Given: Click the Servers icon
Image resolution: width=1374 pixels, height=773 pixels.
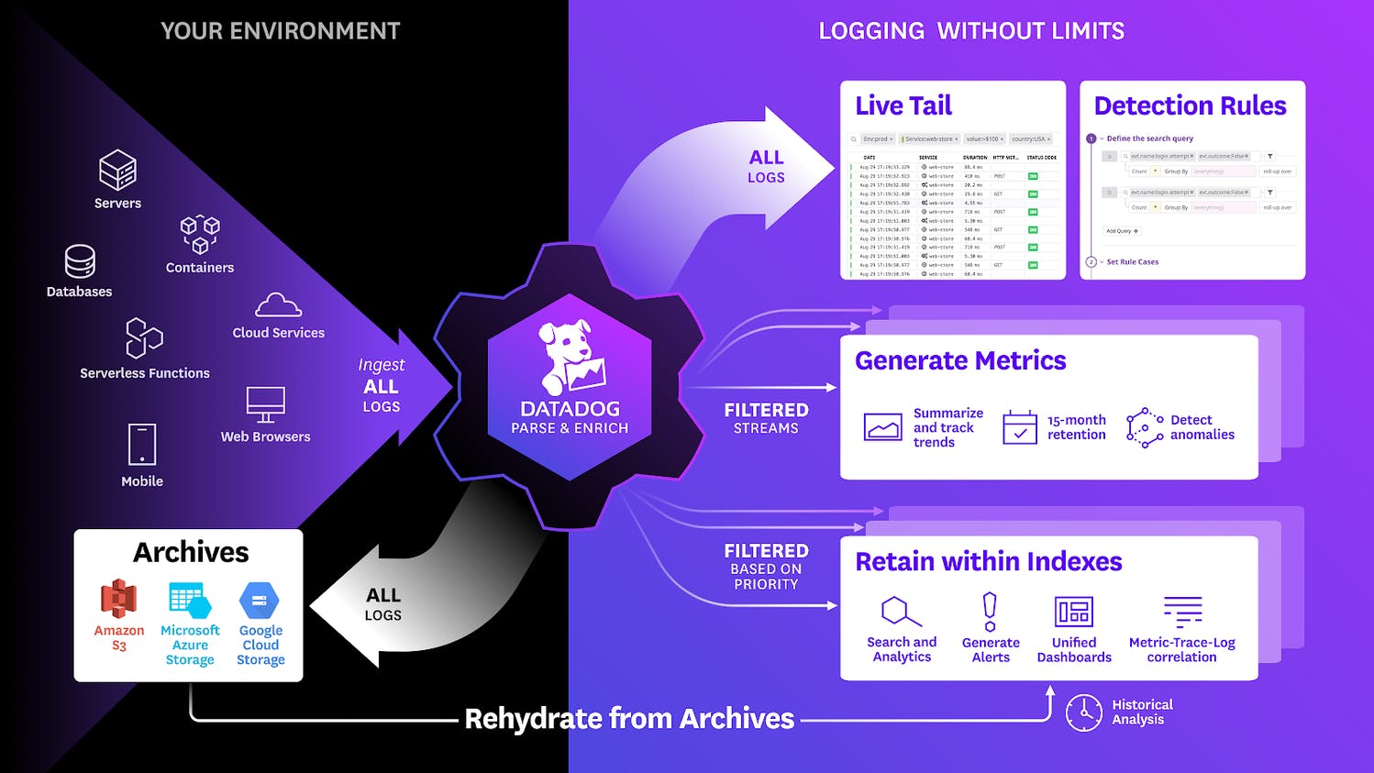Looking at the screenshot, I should [117, 170].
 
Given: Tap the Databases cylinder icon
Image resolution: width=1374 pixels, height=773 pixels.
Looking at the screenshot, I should [80, 261].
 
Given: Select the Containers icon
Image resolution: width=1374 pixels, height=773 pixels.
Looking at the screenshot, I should [200, 235].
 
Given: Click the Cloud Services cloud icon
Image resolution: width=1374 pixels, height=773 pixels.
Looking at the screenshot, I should [278, 305].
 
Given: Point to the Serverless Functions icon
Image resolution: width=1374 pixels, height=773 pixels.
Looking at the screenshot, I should [143, 338].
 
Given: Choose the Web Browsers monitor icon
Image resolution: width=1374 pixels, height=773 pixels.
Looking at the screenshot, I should [265, 403].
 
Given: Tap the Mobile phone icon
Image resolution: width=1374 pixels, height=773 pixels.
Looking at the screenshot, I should [142, 445].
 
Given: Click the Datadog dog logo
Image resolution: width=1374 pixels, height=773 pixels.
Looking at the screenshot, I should [571, 358].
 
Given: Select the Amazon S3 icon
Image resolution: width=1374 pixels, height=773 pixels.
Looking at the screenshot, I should [118, 599].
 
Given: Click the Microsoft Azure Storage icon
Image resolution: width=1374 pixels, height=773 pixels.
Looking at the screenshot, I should [190, 601].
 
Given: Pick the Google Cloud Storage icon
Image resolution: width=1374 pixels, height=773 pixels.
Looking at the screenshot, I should [260, 601].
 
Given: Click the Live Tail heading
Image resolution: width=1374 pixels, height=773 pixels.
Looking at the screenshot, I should [903, 105].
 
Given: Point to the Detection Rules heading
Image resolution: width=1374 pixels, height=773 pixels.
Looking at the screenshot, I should [1190, 105].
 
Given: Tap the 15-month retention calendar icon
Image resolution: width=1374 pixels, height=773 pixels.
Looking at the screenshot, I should [1020, 427].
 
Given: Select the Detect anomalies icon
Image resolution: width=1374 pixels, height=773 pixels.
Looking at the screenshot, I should [1145, 427].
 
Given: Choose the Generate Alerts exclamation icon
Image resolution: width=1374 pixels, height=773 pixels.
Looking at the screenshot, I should [990, 612].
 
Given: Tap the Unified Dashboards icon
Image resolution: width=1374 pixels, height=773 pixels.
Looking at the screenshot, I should [1073, 612].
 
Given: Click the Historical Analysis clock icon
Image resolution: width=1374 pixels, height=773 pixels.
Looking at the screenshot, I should [1084, 712].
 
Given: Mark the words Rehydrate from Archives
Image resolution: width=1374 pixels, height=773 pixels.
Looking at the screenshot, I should [629, 719].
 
